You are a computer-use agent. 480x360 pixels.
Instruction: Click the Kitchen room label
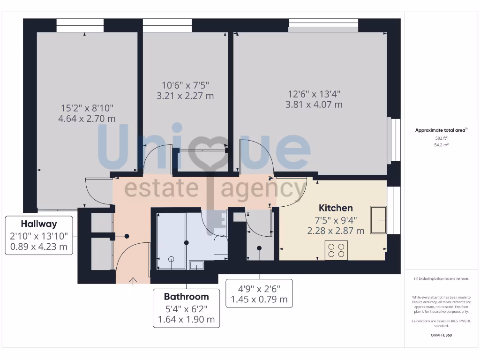pyautogui.click(x=336, y=208)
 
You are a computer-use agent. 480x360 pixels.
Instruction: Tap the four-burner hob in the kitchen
pyautogui.click(x=336, y=250)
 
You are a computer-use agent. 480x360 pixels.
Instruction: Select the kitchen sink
pyautogui.click(x=378, y=219)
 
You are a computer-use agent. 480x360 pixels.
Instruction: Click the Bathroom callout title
pyautogui.click(x=186, y=297)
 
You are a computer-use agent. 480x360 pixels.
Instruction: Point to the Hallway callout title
pyautogui.click(x=39, y=224)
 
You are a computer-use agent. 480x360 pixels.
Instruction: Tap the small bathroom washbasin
pyautogui.click(x=196, y=265)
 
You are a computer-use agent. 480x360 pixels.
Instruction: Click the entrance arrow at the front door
pyautogui.click(x=133, y=281)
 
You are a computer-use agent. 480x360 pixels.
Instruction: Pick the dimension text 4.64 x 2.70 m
pyautogui.click(x=87, y=119)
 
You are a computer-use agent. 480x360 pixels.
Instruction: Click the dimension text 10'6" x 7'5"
pyautogui.click(x=185, y=85)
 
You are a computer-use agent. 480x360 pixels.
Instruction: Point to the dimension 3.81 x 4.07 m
pyautogui.click(x=314, y=105)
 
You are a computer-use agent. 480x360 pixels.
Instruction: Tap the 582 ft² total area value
pyautogui.click(x=441, y=138)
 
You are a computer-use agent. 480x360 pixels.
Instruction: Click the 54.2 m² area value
pyautogui.click(x=441, y=145)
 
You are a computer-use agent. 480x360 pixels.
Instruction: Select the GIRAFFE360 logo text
pyautogui.click(x=441, y=335)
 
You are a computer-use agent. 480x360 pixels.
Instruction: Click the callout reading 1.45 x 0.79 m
pyautogui.click(x=259, y=299)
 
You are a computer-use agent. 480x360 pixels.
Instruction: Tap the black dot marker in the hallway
pyautogui.click(x=126, y=237)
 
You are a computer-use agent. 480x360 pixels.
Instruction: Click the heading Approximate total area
pyautogui.click(x=441, y=131)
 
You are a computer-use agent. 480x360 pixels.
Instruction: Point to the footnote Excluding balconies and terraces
pyautogui.click(x=441, y=278)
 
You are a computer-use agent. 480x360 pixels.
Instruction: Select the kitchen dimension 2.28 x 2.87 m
pyautogui.click(x=336, y=231)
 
